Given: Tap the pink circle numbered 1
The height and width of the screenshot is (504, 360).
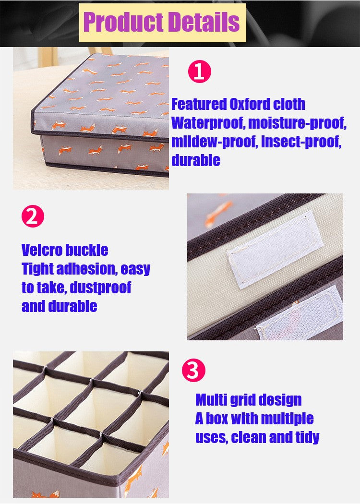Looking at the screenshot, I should (199, 72).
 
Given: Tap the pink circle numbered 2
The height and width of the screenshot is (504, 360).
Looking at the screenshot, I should (33, 216).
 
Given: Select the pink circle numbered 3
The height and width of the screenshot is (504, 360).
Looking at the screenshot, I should (193, 371).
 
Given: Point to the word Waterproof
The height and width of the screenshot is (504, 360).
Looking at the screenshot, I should (207, 123).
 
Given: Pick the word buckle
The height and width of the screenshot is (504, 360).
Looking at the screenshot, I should (87, 250).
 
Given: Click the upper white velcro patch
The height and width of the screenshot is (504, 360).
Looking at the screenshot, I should (275, 249).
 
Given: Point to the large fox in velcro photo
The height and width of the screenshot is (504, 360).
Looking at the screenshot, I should (219, 212).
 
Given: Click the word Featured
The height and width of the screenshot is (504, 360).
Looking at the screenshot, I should (199, 104).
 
